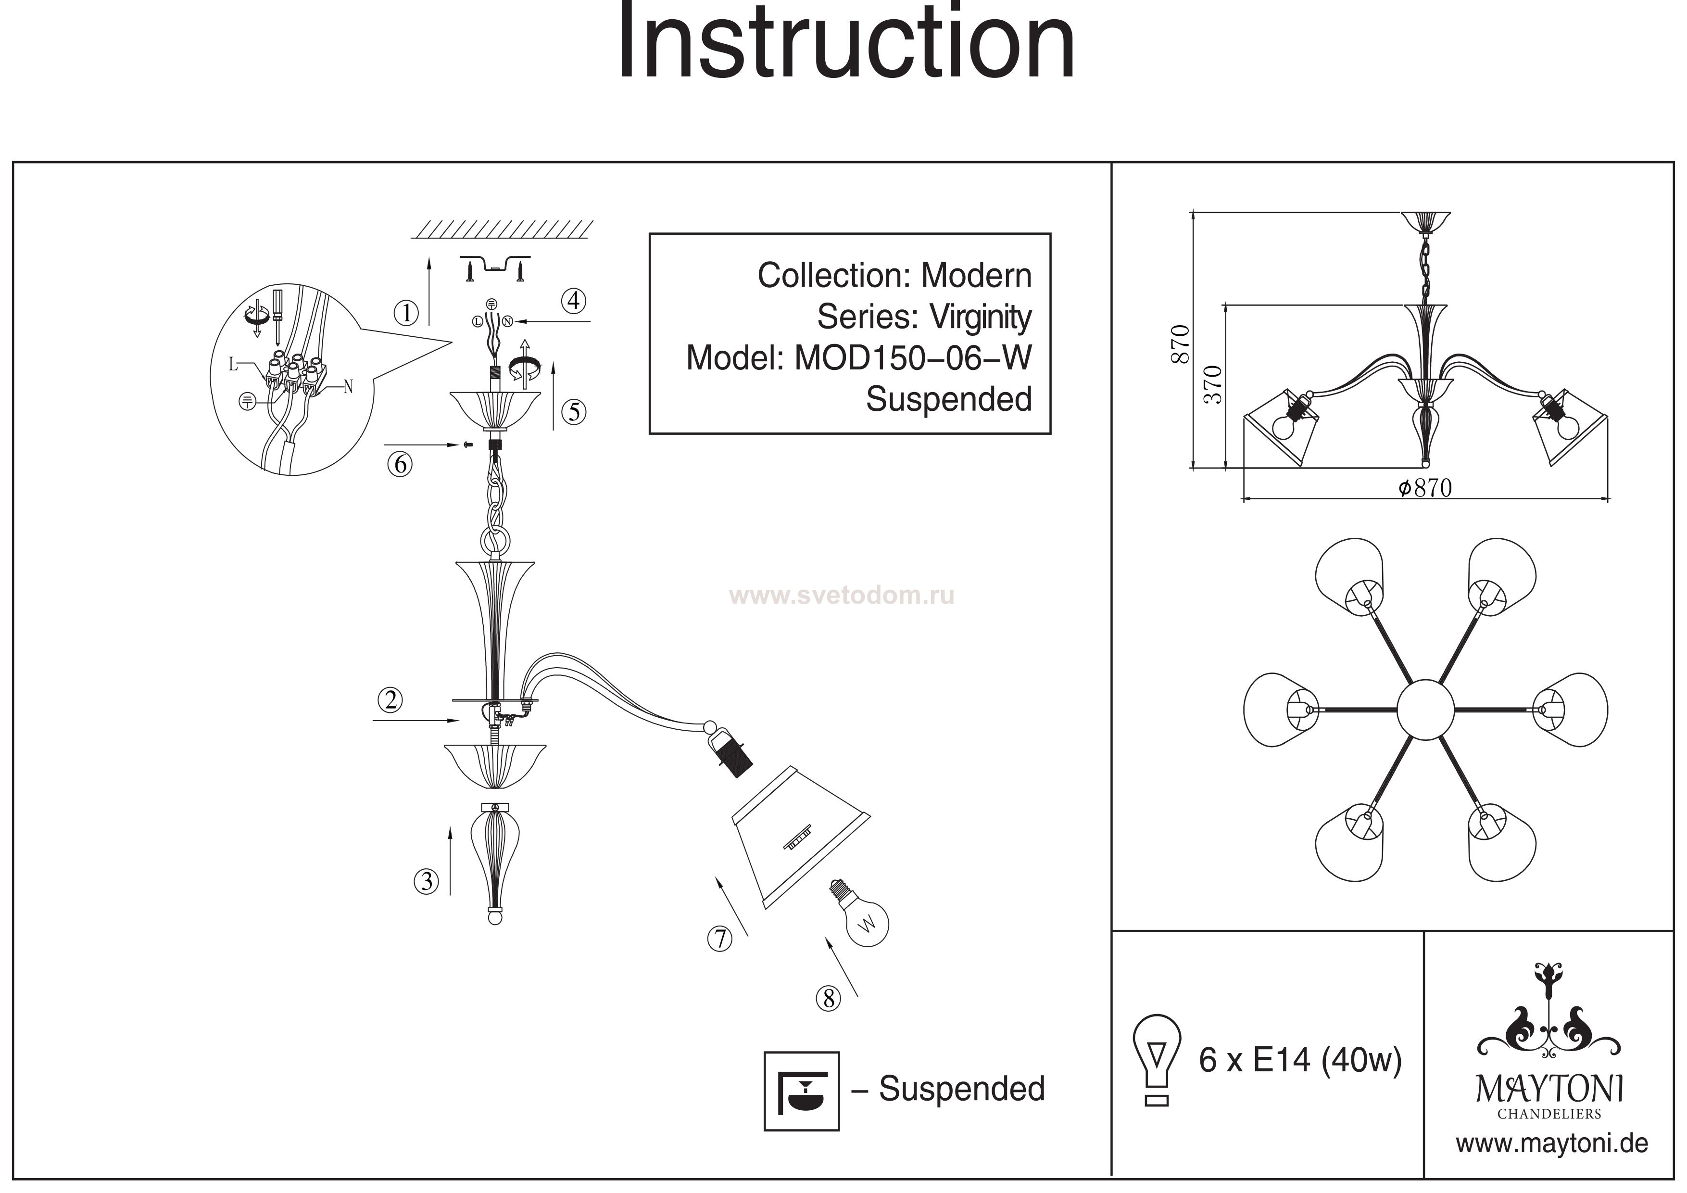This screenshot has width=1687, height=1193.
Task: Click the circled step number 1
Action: pos(405,314)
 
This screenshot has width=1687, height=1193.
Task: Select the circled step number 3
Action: pos(426,881)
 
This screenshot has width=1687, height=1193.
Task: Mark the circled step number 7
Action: pos(720,939)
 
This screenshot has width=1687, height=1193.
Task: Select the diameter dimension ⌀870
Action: pos(1425,488)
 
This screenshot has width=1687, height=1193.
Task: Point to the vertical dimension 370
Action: pos(1213,384)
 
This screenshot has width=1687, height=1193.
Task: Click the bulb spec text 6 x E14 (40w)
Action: pos(1300,1060)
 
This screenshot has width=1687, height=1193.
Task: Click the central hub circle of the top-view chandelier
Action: pos(1425,710)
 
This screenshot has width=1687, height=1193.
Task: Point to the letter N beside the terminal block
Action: pos(348,387)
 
